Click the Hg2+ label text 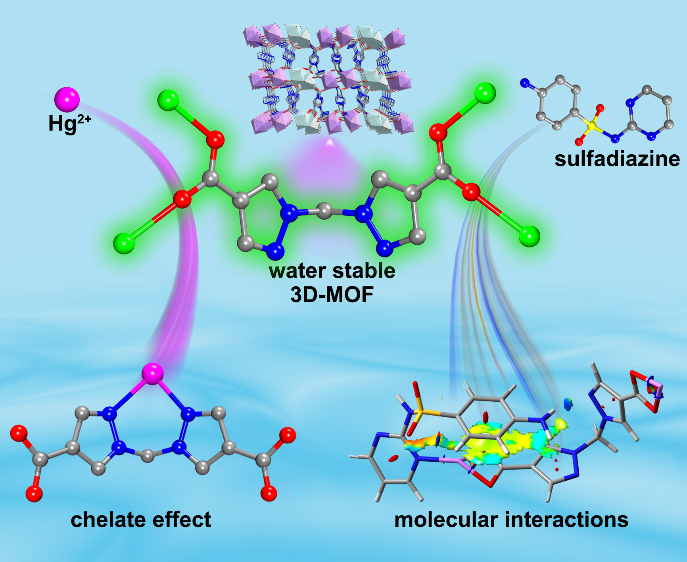pos(69,123)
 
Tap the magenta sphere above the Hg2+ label pos(67,99)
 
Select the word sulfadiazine pos(617,159)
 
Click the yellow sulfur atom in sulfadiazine pos(592,126)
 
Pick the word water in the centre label pos(297,271)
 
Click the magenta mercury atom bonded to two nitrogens pos(152,374)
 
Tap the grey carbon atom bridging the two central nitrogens pos(325,211)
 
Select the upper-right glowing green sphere pos(485,93)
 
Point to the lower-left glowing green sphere pos(124,243)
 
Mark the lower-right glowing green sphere pos(530,236)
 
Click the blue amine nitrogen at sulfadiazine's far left pos(525,83)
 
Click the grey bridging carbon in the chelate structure pos(148,456)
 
